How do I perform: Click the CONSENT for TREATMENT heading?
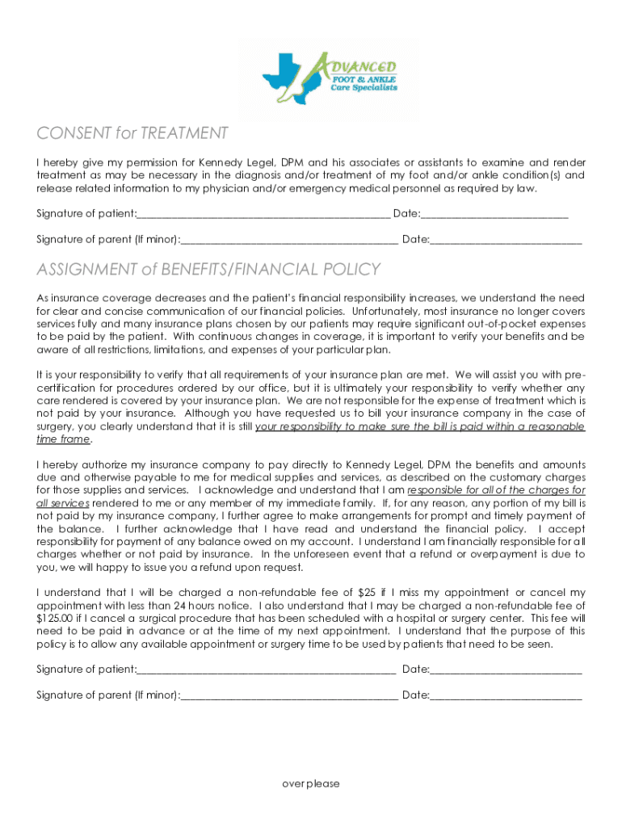pos(132,133)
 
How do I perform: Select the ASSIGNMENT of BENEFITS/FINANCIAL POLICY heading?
pos(208,269)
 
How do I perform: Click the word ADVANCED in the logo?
pos(364,65)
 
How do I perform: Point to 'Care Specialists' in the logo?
pos(364,88)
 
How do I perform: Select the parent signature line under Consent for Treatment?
pos(289,239)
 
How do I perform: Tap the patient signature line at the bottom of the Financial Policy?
pos(267,670)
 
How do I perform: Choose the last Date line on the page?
pos(506,695)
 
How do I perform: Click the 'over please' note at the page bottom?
pos(311,783)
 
